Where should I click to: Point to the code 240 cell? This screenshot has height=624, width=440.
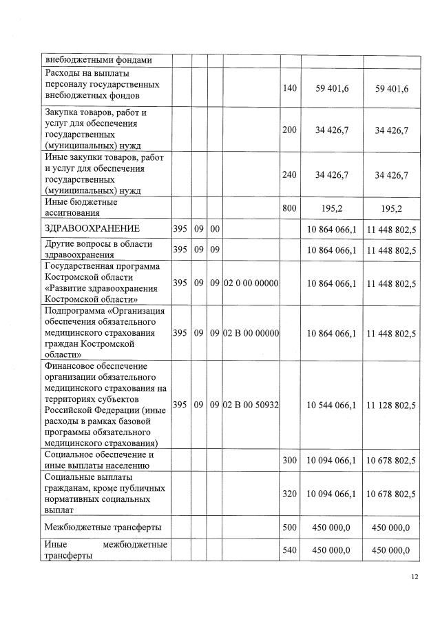pos(290,175)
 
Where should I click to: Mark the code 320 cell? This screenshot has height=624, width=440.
pos(290,494)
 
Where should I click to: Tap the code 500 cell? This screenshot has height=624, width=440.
pos(290,527)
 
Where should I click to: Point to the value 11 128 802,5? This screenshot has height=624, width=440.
pos(391,405)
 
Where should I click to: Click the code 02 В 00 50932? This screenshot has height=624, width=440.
pos(251,405)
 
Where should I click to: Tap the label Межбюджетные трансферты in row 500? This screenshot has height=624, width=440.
pos(103,527)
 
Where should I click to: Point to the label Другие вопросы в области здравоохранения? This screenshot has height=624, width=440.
pos(98,249)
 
